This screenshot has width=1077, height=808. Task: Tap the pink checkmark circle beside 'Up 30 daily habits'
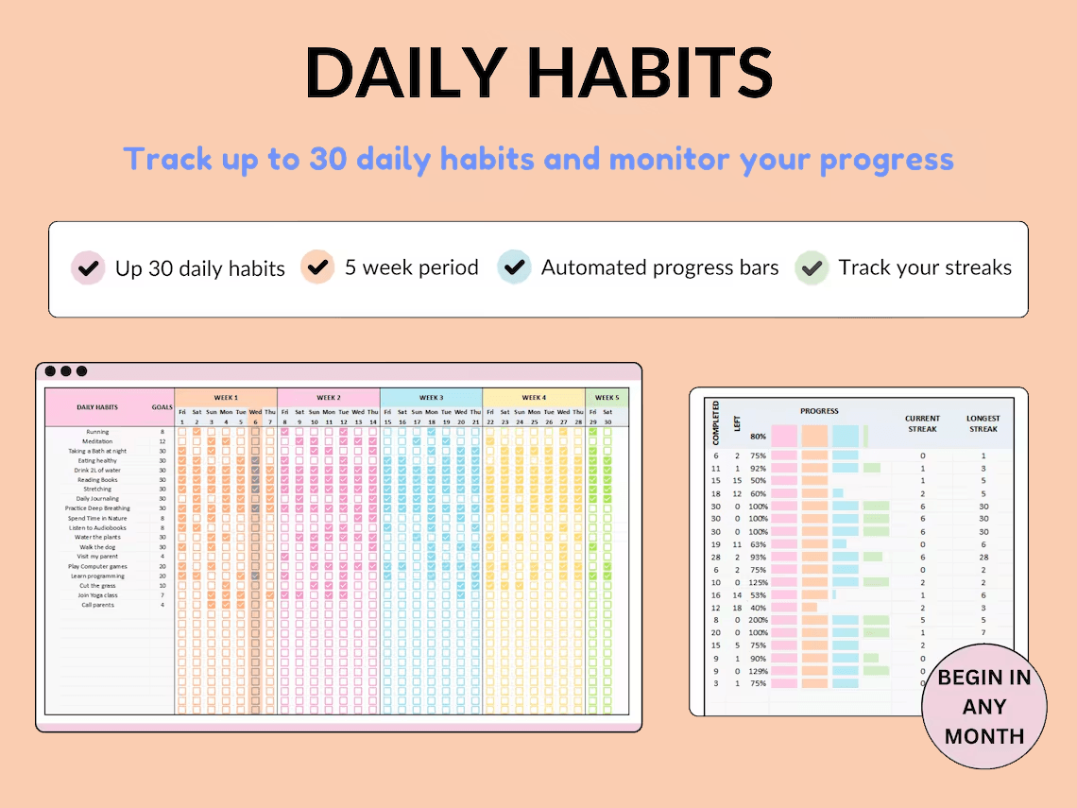click(x=88, y=267)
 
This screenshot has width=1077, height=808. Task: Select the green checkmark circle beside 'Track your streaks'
click(x=811, y=267)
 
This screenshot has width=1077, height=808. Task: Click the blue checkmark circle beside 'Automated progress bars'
click(x=515, y=267)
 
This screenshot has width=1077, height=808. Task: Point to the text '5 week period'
click(x=411, y=267)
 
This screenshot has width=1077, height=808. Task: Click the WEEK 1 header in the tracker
click(x=226, y=398)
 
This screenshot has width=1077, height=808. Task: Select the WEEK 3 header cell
click(x=431, y=398)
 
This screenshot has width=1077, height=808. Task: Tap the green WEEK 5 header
click(x=607, y=398)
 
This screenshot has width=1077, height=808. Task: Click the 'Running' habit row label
click(x=97, y=432)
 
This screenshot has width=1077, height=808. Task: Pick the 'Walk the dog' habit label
click(x=97, y=547)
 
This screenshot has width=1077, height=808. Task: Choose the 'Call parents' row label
click(x=97, y=605)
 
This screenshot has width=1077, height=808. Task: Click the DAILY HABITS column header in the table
click(x=97, y=407)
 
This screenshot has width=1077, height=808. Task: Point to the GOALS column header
click(x=162, y=407)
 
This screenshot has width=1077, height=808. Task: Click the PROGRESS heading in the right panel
click(x=819, y=411)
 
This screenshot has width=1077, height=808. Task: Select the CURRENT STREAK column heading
click(x=922, y=423)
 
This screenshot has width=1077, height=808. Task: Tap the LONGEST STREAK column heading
click(x=983, y=423)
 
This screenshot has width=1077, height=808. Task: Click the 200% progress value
click(x=758, y=620)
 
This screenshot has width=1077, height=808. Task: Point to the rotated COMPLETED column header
click(x=716, y=422)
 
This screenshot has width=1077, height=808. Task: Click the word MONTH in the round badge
click(x=984, y=736)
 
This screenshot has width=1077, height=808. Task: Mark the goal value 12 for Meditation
click(x=162, y=441)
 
